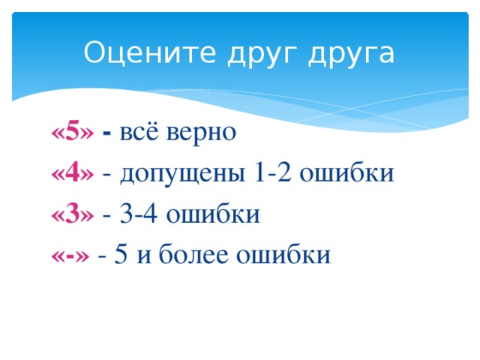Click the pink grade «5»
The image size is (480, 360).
(73, 133)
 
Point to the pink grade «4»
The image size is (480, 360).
(73, 173)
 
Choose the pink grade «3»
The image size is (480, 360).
(73, 214)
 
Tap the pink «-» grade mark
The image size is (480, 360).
(70, 255)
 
